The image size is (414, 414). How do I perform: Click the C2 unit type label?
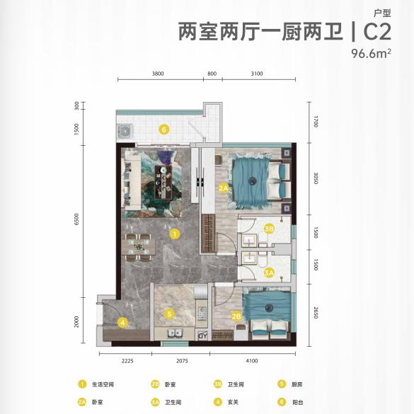[379, 32]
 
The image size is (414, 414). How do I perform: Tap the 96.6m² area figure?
[372, 54]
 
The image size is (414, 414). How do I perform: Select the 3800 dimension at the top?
[159, 73]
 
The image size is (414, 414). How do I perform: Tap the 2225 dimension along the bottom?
[127, 361]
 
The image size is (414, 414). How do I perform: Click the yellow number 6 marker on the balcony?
[163, 130]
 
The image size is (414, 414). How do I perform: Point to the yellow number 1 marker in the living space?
[173, 232]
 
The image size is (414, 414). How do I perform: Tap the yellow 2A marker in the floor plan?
[224, 188]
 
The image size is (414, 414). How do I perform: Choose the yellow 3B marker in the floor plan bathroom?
[269, 228]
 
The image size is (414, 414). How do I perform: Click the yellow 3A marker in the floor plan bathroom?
[269, 272]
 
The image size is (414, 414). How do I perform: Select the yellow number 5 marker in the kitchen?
[169, 314]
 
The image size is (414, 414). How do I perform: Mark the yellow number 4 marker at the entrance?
[122, 323]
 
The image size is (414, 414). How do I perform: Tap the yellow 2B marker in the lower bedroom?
[236, 316]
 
